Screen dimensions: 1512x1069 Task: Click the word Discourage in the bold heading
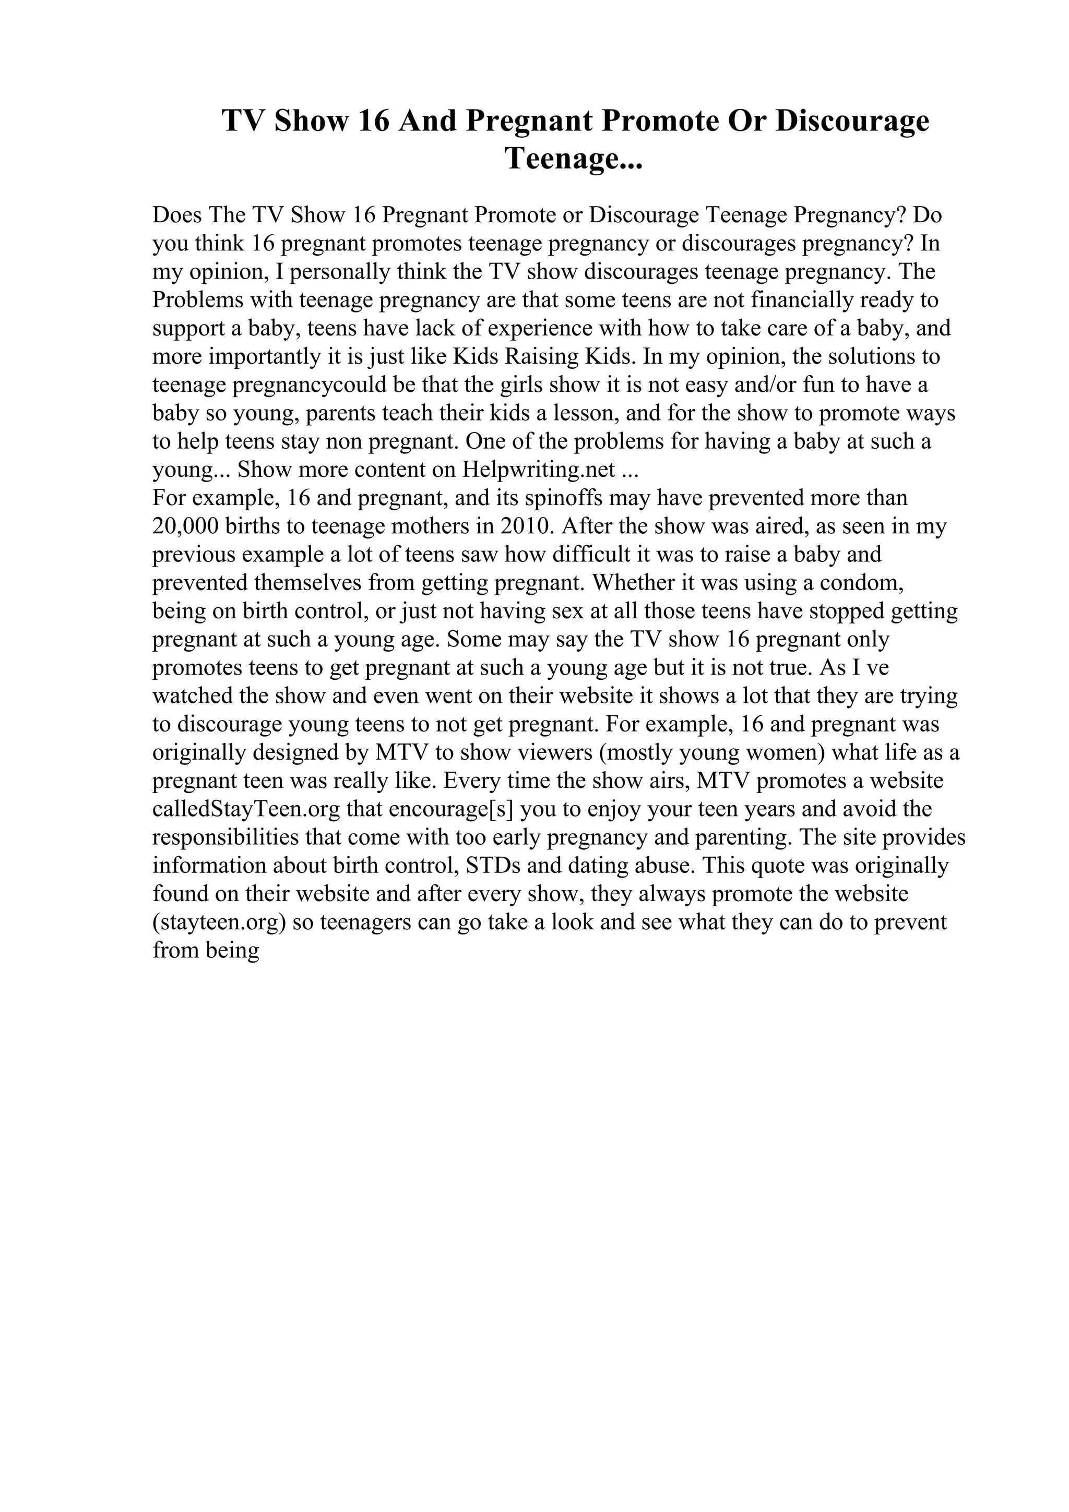pyautogui.click(x=852, y=121)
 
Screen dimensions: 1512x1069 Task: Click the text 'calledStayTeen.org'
pyautogui.click(x=246, y=809)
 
